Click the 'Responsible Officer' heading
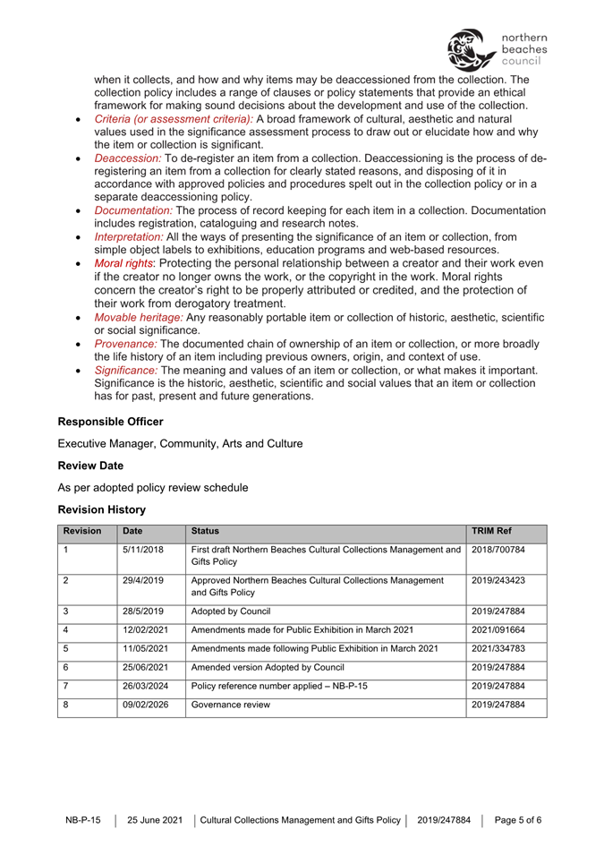tap(111, 420)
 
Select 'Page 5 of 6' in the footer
tap(518, 819)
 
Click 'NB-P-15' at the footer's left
tap(83, 819)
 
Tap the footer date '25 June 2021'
tap(155, 819)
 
